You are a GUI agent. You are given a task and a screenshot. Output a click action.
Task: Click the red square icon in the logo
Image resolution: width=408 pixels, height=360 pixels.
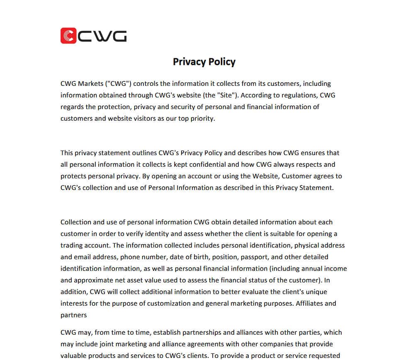68,36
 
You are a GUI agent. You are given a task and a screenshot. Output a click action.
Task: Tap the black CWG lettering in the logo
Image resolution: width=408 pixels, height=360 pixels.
102,36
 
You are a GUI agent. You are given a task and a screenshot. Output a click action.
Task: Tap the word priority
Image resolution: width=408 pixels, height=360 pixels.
201,118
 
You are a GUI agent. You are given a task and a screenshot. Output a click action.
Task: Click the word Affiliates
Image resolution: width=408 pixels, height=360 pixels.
309,303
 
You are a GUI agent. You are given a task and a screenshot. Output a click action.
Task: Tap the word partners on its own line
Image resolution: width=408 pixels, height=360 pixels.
74,315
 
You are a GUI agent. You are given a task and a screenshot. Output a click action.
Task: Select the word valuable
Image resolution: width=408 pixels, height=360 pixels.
74,355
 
